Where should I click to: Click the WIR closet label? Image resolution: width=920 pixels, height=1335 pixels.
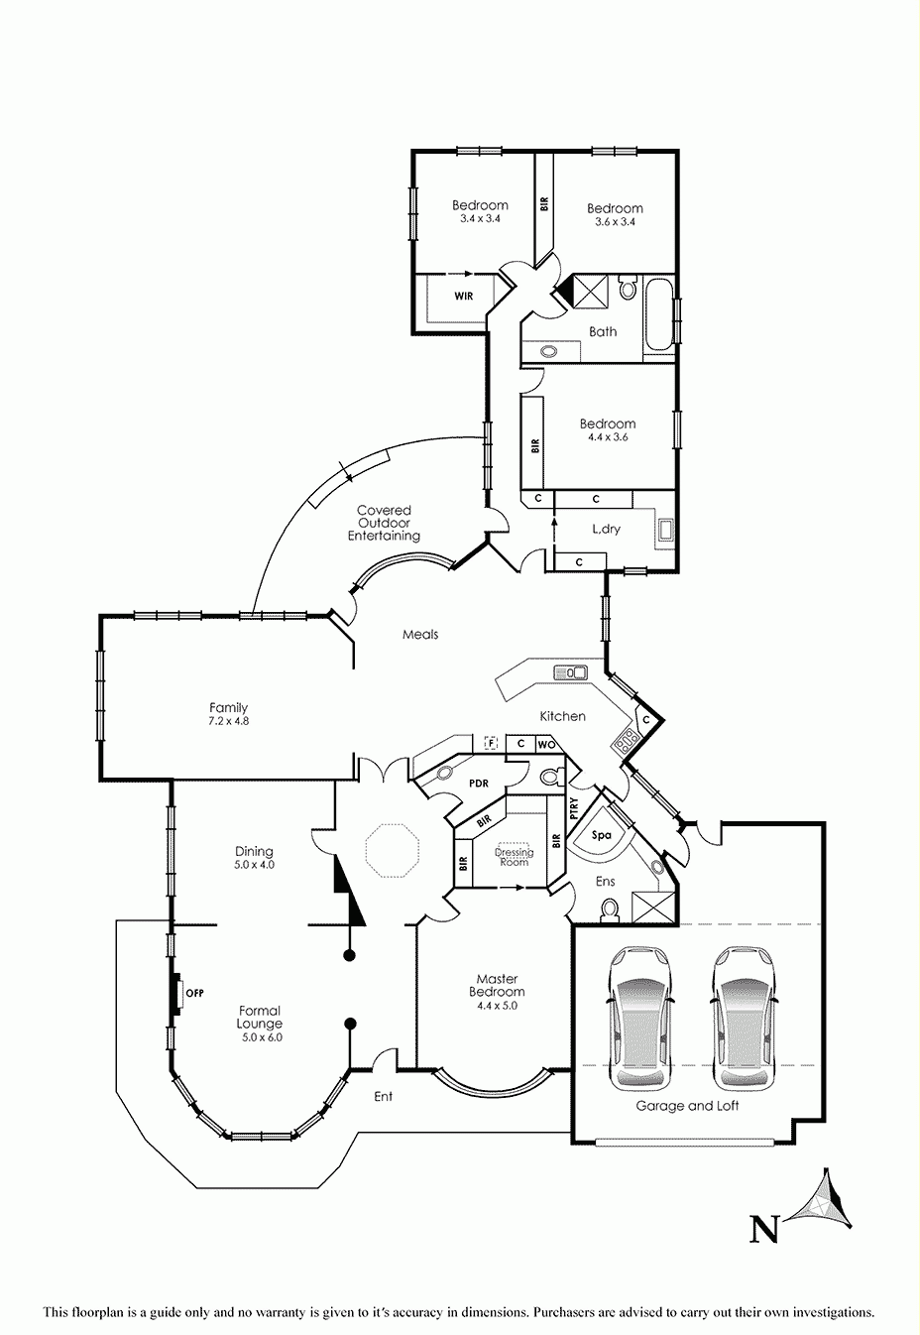[x=463, y=297]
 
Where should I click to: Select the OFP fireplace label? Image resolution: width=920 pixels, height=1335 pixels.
[x=195, y=993]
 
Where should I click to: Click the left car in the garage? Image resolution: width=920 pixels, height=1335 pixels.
[x=640, y=1019]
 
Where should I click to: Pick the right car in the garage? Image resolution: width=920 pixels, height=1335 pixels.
[x=746, y=1019]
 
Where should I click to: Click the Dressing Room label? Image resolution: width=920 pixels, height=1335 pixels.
[x=514, y=857]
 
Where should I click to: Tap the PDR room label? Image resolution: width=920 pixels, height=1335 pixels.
[x=479, y=784]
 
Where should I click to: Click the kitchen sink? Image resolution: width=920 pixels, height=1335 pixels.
[x=571, y=672]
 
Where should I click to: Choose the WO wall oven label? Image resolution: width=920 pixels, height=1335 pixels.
[x=546, y=745]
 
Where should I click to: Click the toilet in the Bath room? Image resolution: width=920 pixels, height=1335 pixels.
[x=628, y=289]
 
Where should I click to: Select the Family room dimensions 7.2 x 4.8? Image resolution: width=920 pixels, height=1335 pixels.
[x=228, y=720]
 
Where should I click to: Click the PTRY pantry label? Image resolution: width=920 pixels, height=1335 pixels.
[x=573, y=808]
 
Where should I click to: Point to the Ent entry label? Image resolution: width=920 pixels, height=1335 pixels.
[x=383, y=1096]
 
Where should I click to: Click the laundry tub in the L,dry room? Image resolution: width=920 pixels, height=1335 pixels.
[x=665, y=529]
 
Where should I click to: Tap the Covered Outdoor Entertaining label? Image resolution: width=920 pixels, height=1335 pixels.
[x=384, y=523]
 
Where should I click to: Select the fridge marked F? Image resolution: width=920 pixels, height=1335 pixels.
[x=491, y=743]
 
